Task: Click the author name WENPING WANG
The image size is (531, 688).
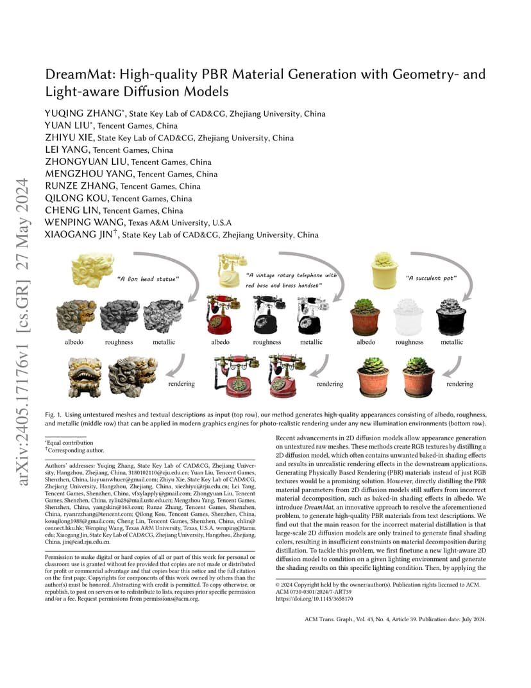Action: coord(85,223)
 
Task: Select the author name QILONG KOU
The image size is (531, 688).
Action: coord(76,198)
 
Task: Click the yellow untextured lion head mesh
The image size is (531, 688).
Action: coord(92,268)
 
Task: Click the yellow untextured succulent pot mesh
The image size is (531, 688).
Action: coord(384,270)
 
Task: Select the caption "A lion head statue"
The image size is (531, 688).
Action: coord(147,279)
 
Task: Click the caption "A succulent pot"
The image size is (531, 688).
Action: coord(431,278)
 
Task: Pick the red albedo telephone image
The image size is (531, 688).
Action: coord(223,314)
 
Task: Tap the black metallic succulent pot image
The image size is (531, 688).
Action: coord(451,316)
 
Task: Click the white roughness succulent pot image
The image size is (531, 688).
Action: coord(409,317)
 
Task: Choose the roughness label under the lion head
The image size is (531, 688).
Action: coord(119,342)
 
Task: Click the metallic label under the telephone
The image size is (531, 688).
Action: coord(311,342)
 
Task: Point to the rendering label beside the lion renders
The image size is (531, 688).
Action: coord(181,384)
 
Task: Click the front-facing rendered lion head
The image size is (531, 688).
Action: coord(85,377)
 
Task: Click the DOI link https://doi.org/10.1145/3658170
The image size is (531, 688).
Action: coord(314,599)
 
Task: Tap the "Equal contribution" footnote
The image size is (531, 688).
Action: coord(69,443)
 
